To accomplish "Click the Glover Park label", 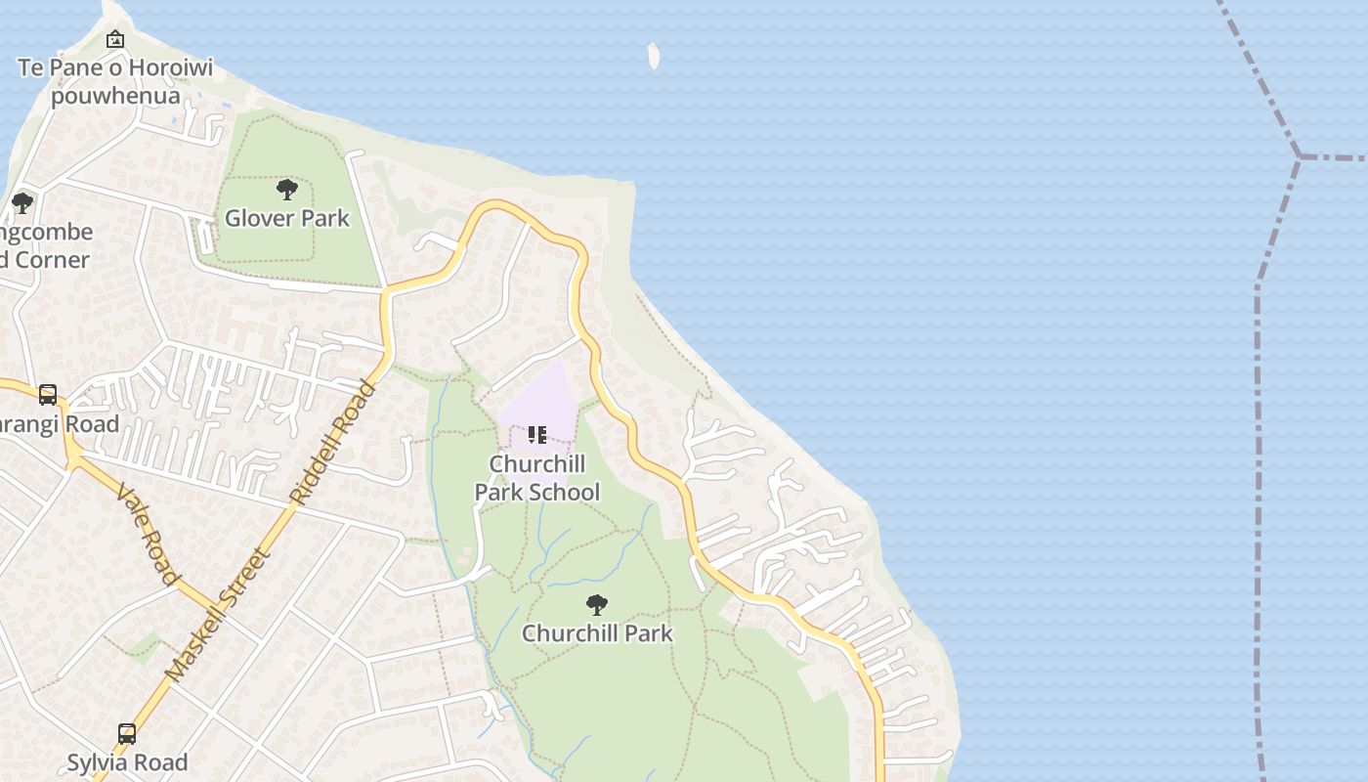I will [287, 218].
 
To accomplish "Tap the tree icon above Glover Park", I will [287, 189].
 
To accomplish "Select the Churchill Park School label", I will [537, 478].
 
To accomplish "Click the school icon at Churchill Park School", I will [537, 434].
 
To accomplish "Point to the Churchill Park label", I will [597, 633].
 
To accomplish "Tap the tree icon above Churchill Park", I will [597, 605].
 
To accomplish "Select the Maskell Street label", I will [217, 615].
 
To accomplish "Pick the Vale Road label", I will [148, 534].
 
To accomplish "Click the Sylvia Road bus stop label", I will [127, 762].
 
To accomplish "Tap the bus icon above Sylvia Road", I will [127, 734].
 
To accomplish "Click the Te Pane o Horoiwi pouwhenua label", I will [115, 82].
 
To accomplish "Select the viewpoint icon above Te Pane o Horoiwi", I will [115, 40].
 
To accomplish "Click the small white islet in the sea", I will [654, 56].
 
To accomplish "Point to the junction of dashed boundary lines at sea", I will [1300, 155].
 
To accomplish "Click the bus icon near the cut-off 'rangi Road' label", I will [47, 395].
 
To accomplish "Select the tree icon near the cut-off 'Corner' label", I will [21, 203].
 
